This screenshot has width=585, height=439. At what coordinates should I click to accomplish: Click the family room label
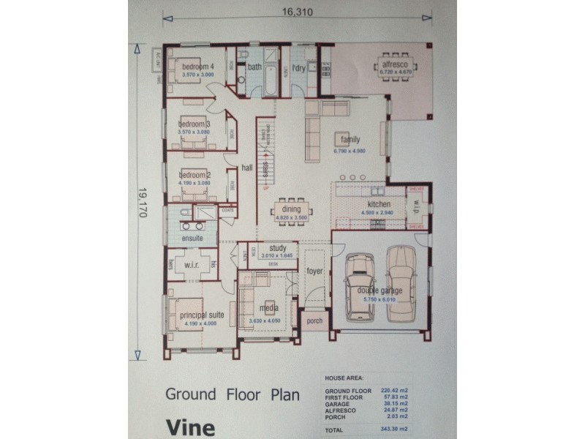click(x=350, y=140)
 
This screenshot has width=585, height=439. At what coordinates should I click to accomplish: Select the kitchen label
click(x=379, y=204)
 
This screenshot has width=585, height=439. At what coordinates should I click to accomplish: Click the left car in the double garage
click(x=360, y=286)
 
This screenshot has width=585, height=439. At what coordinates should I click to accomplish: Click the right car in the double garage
click(x=401, y=283)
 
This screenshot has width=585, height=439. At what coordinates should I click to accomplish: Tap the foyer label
click(x=314, y=271)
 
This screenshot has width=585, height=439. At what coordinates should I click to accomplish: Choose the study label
click(x=277, y=248)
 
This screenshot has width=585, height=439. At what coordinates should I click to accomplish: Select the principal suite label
click(x=201, y=315)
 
